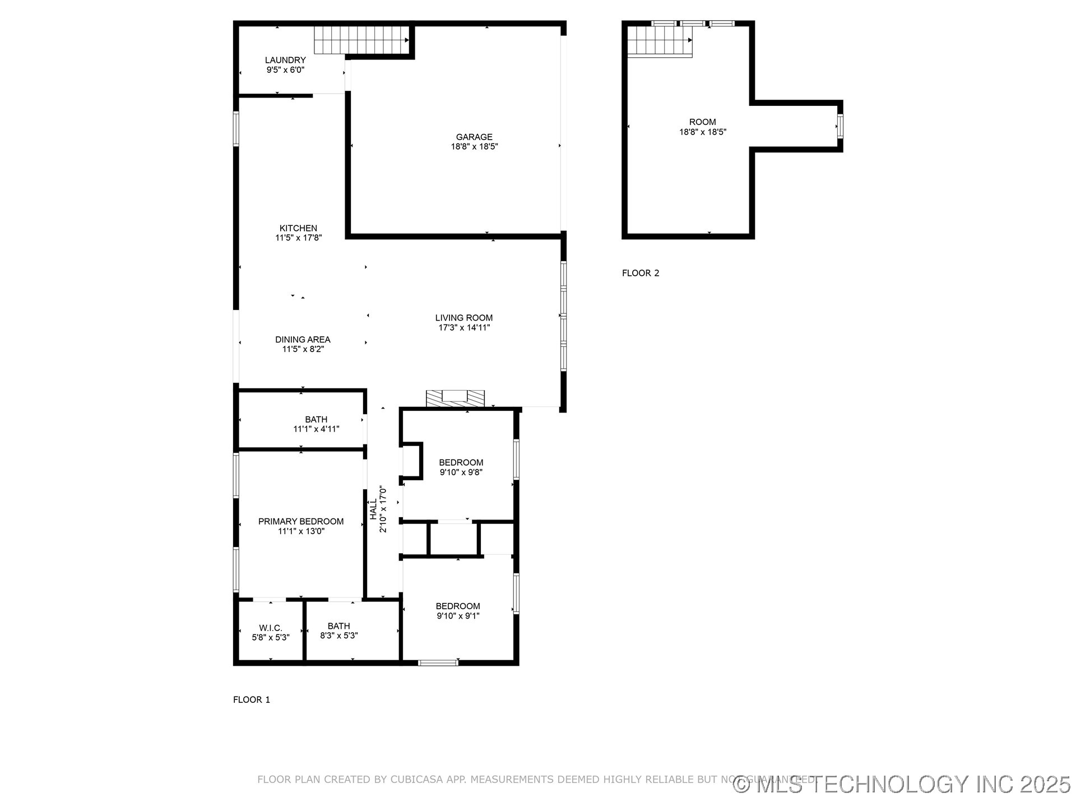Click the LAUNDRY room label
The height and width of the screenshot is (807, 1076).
pos(285,60)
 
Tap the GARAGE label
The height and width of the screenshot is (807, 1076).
pos(474,137)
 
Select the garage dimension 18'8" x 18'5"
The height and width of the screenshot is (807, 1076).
pos(474,147)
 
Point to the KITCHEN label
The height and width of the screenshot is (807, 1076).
pos(298,228)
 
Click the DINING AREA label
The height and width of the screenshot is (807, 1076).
pos(303,340)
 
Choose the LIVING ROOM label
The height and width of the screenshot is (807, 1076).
pos(464,318)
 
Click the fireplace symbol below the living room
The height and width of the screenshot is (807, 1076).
pos(454,398)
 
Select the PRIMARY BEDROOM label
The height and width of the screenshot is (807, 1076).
pos(301,521)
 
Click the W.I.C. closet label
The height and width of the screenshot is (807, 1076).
pos(271,628)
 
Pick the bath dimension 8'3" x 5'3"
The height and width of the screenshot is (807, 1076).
pos(338,636)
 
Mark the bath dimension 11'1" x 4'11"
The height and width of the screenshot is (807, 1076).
pos(316,429)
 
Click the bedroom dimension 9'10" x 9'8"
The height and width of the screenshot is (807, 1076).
pos(461,472)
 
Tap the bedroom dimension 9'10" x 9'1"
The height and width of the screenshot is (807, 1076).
pos(458,616)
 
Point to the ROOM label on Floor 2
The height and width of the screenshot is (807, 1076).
pos(702,122)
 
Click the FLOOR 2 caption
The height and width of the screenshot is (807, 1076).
pos(641,273)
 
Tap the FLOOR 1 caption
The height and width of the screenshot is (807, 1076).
pos(252,699)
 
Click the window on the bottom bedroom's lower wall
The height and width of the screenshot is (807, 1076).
pos(438,663)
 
